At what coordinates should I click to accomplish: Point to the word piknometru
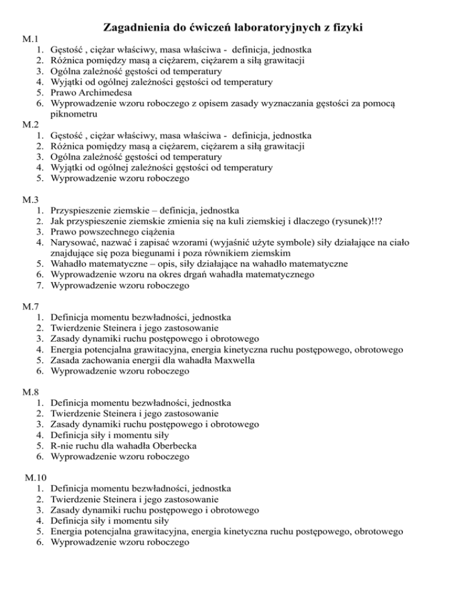click(75, 113)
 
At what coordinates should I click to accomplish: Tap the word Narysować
click(76, 243)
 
